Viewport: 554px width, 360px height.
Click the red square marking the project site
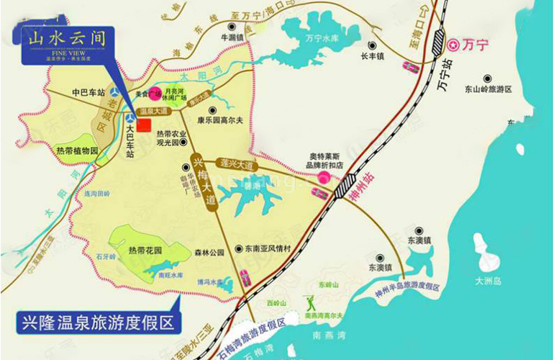144,125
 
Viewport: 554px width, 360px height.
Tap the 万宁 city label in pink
474,45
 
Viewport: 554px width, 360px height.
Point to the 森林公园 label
209,252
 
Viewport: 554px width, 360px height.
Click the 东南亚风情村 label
267,248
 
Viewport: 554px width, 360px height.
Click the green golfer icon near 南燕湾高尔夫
312,302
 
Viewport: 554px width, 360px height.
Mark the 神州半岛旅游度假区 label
407,286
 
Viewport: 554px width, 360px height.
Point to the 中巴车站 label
88,92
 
